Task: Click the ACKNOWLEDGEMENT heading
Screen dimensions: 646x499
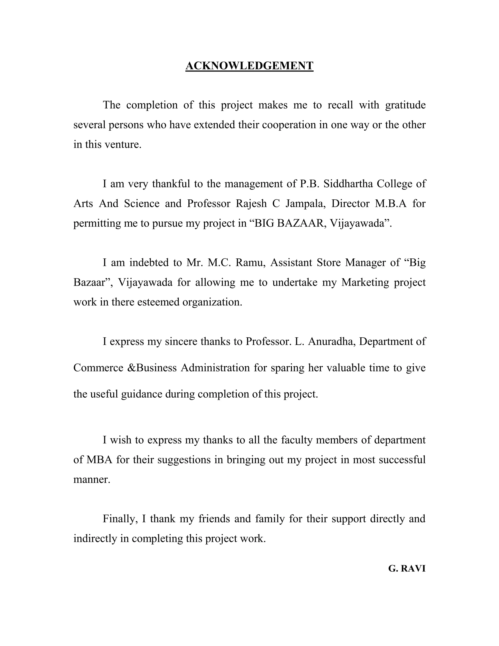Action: pos(249,66)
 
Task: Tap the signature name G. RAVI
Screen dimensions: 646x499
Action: pos(407,568)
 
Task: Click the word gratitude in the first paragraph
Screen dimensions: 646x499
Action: pos(405,105)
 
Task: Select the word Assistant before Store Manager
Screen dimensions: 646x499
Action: pos(291,262)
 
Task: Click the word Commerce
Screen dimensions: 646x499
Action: pos(98,368)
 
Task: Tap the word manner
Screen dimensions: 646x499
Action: pos(92,480)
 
